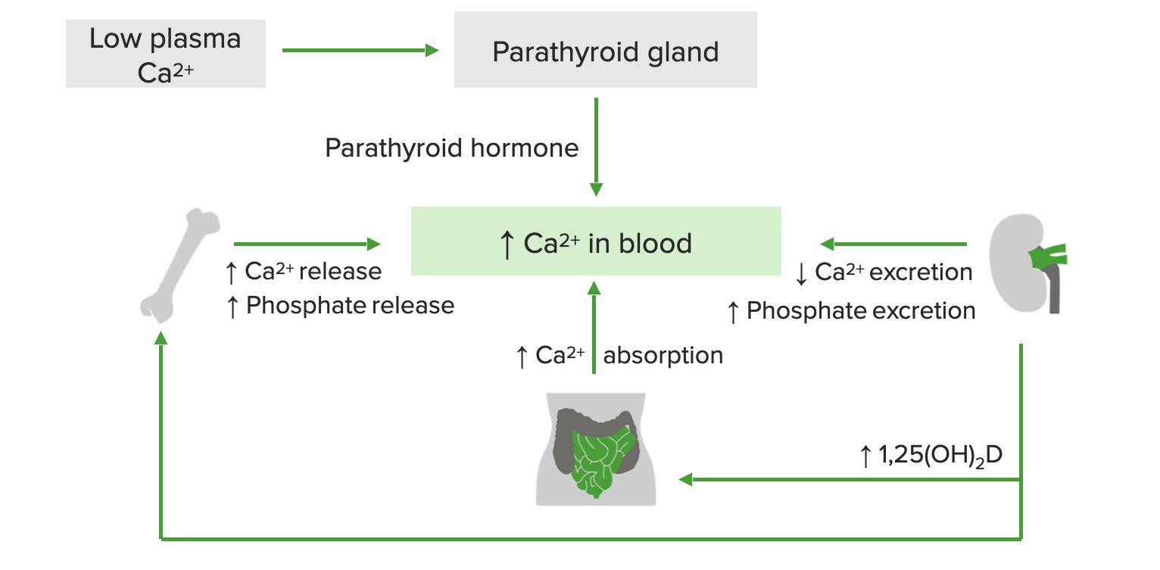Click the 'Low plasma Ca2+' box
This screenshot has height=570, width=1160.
(166, 54)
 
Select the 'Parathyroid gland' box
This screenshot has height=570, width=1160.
(606, 50)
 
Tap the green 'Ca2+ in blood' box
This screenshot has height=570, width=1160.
(596, 241)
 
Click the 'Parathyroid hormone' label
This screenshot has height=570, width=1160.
(451, 148)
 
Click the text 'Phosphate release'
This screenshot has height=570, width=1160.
(350, 306)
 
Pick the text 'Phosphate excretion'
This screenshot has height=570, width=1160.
(861, 311)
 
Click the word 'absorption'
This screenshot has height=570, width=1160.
(663, 356)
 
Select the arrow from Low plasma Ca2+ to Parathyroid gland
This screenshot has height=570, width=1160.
(360, 50)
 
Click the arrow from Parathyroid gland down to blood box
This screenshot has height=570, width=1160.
(596, 147)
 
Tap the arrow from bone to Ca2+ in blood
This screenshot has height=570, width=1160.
(307, 244)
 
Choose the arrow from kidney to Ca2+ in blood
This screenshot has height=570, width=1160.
(893, 244)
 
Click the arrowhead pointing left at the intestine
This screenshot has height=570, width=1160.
(685, 480)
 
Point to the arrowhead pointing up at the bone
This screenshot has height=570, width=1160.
(161, 338)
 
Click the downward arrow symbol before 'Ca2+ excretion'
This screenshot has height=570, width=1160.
(801, 273)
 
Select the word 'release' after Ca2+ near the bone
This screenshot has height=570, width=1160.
(340, 272)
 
